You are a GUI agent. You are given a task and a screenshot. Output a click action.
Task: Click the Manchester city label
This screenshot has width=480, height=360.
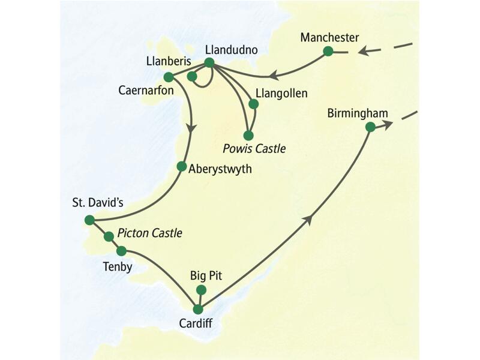(x=329, y=37)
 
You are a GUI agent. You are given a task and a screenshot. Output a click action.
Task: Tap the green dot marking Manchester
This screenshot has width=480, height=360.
(x=328, y=51)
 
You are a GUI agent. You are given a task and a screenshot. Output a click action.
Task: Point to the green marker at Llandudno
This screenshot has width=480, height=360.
(x=209, y=62)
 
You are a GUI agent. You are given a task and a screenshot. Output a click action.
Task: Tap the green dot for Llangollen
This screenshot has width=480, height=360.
(x=253, y=104)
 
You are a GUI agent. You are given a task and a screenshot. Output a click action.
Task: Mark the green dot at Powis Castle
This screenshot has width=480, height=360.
(x=248, y=135)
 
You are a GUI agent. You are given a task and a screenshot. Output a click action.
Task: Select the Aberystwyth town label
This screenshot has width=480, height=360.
(x=220, y=169)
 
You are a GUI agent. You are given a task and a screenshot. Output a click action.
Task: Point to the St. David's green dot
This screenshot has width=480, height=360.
(x=89, y=220)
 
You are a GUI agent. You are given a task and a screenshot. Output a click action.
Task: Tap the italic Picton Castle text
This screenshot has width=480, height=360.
(x=149, y=233)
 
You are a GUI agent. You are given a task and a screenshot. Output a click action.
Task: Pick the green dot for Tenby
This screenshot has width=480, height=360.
(x=121, y=250)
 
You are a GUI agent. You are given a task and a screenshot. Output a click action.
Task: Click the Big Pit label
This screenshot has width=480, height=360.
(x=206, y=276)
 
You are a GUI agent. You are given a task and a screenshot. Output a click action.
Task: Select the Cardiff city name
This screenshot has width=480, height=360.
(x=196, y=323)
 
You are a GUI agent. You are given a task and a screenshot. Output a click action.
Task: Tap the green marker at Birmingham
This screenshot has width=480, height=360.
(x=370, y=127)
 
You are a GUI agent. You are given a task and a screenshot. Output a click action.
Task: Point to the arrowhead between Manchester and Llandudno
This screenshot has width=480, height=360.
(x=272, y=76)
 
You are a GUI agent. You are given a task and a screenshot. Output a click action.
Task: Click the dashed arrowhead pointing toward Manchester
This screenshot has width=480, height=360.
(x=362, y=52)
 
